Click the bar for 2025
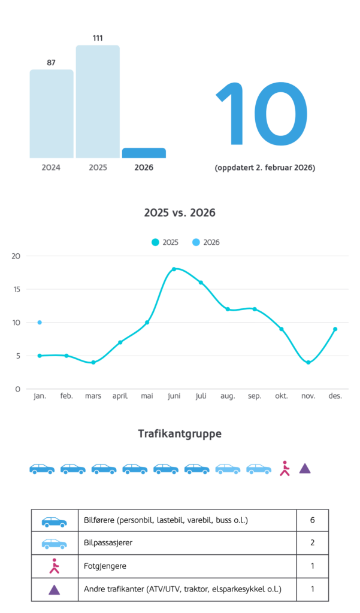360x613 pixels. coord(98,102)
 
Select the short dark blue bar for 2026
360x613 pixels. coord(144,153)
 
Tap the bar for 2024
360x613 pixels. coord(52,114)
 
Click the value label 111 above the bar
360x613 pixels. coord(98,38)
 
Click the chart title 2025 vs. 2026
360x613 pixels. coord(180,213)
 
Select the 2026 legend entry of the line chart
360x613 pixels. coord(206,242)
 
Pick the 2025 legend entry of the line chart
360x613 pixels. coord(165,242)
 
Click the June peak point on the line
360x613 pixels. coord(174,269)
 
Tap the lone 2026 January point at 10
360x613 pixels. coord(40,323)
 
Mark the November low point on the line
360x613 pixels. coord(308,362)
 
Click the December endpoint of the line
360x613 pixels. coord(335,329)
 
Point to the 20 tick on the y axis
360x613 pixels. coord(16,256)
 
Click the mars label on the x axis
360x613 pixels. coord(93,396)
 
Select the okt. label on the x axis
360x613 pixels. coord(282,396)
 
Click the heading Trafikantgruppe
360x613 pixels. coord(180,434)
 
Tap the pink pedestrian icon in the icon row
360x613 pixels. coord(285,468)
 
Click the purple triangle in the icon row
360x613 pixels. coord(305,468)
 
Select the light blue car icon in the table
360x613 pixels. coord(54,544)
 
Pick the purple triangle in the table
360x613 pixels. coord(54,590)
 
